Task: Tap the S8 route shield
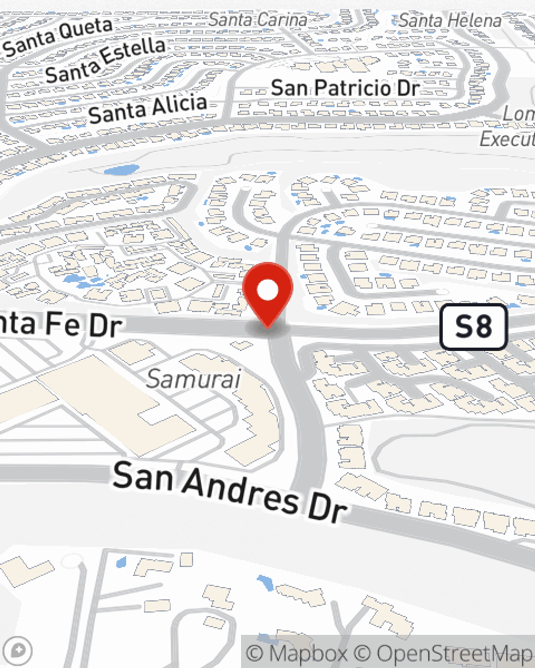click(x=473, y=327)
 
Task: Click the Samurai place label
click(x=194, y=379)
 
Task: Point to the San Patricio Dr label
click(x=345, y=88)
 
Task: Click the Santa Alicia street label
click(x=148, y=108)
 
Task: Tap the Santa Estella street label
click(x=105, y=61)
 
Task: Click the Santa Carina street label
click(x=258, y=20)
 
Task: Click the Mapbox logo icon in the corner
click(x=17, y=651)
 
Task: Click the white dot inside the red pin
click(x=267, y=291)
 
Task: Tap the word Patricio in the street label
click(x=352, y=88)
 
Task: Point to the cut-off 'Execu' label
click(x=507, y=139)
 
